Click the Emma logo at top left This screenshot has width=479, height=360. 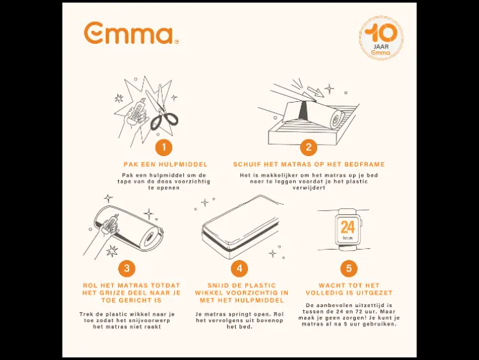[131, 33]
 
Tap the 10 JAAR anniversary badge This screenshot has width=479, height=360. [381, 37]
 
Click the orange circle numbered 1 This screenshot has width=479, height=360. [164, 148]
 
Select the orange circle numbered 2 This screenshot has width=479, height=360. [309, 148]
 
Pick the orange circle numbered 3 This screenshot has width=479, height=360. [127, 268]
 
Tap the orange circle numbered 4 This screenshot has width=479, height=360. [239, 268]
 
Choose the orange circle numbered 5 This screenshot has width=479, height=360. [349, 268]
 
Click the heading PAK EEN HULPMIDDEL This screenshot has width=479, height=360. [165, 165]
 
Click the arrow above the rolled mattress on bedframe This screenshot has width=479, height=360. [315, 92]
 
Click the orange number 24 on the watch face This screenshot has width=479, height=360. [348, 227]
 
